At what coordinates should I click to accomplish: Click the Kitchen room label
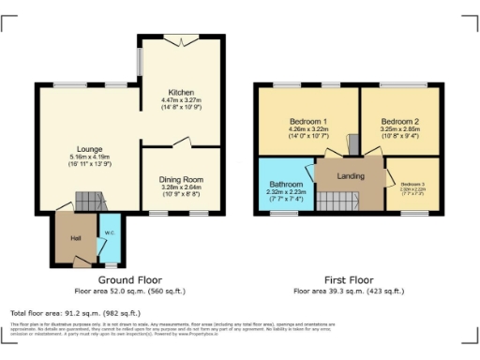tap(181, 93)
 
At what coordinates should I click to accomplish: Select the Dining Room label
tap(181, 179)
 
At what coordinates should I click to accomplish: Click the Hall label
tap(75, 238)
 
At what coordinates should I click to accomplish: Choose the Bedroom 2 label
tap(399, 123)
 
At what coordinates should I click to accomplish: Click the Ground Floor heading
tap(129, 279)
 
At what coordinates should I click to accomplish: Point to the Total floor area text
tap(75, 312)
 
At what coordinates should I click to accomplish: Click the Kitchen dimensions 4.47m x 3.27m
tap(181, 101)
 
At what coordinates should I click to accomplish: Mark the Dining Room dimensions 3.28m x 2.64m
tap(181, 187)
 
